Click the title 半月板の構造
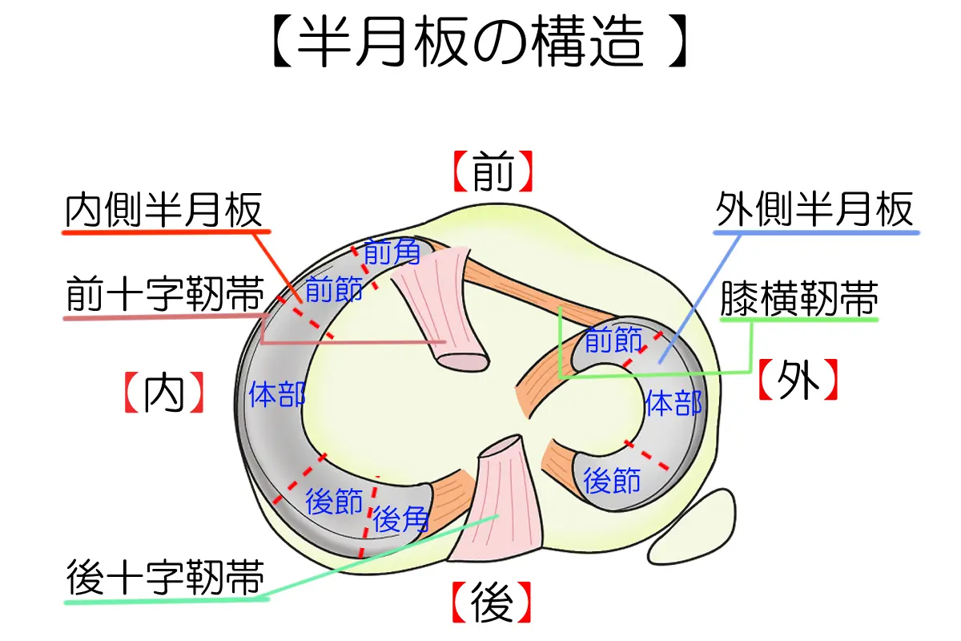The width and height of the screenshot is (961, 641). (480, 41)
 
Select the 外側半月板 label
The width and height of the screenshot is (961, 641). (814, 209)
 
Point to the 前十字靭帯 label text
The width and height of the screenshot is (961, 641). (165, 294)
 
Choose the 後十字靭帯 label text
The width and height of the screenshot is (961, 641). (165, 577)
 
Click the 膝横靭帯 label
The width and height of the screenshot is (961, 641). (799, 298)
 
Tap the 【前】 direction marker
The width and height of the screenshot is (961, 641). (493, 171)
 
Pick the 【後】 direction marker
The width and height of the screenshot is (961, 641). (492, 603)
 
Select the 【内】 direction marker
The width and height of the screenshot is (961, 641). (164, 393)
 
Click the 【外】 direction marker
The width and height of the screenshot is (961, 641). (798, 380)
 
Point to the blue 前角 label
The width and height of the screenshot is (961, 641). (392, 252)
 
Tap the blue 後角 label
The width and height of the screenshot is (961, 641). (400, 519)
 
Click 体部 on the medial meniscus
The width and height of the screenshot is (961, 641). (277, 394)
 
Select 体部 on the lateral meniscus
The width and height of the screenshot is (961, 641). (674, 403)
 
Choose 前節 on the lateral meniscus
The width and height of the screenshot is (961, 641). (613, 339)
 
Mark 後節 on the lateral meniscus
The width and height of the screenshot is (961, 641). (612, 480)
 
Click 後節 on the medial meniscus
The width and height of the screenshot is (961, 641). (334, 501)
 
